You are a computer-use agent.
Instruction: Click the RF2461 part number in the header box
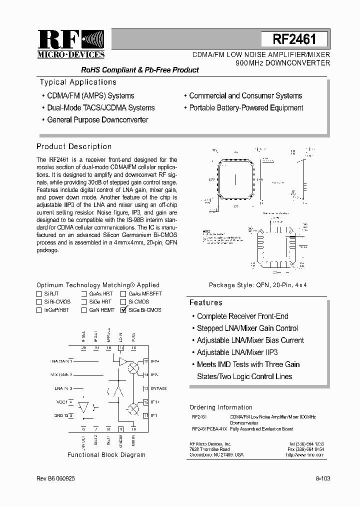(293, 39)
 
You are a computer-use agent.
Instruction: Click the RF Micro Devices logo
(71, 44)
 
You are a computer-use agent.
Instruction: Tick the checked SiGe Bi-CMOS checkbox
(123, 310)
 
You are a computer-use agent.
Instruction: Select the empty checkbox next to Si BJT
(39, 294)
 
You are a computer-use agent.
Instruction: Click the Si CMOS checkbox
(123, 302)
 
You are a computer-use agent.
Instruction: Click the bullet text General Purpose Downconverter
(97, 119)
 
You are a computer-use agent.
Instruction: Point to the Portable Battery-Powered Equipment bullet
(246, 107)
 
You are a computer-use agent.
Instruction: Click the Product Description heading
(74, 146)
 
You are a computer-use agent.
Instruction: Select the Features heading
(205, 302)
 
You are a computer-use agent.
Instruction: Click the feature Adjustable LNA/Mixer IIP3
(237, 352)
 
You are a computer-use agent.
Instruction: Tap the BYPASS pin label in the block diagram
(157, 388)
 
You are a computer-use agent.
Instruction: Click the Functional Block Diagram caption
(106, 455)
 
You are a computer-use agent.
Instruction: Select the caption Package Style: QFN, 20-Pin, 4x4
(257, 285)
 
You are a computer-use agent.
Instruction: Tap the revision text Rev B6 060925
(56, 478)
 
